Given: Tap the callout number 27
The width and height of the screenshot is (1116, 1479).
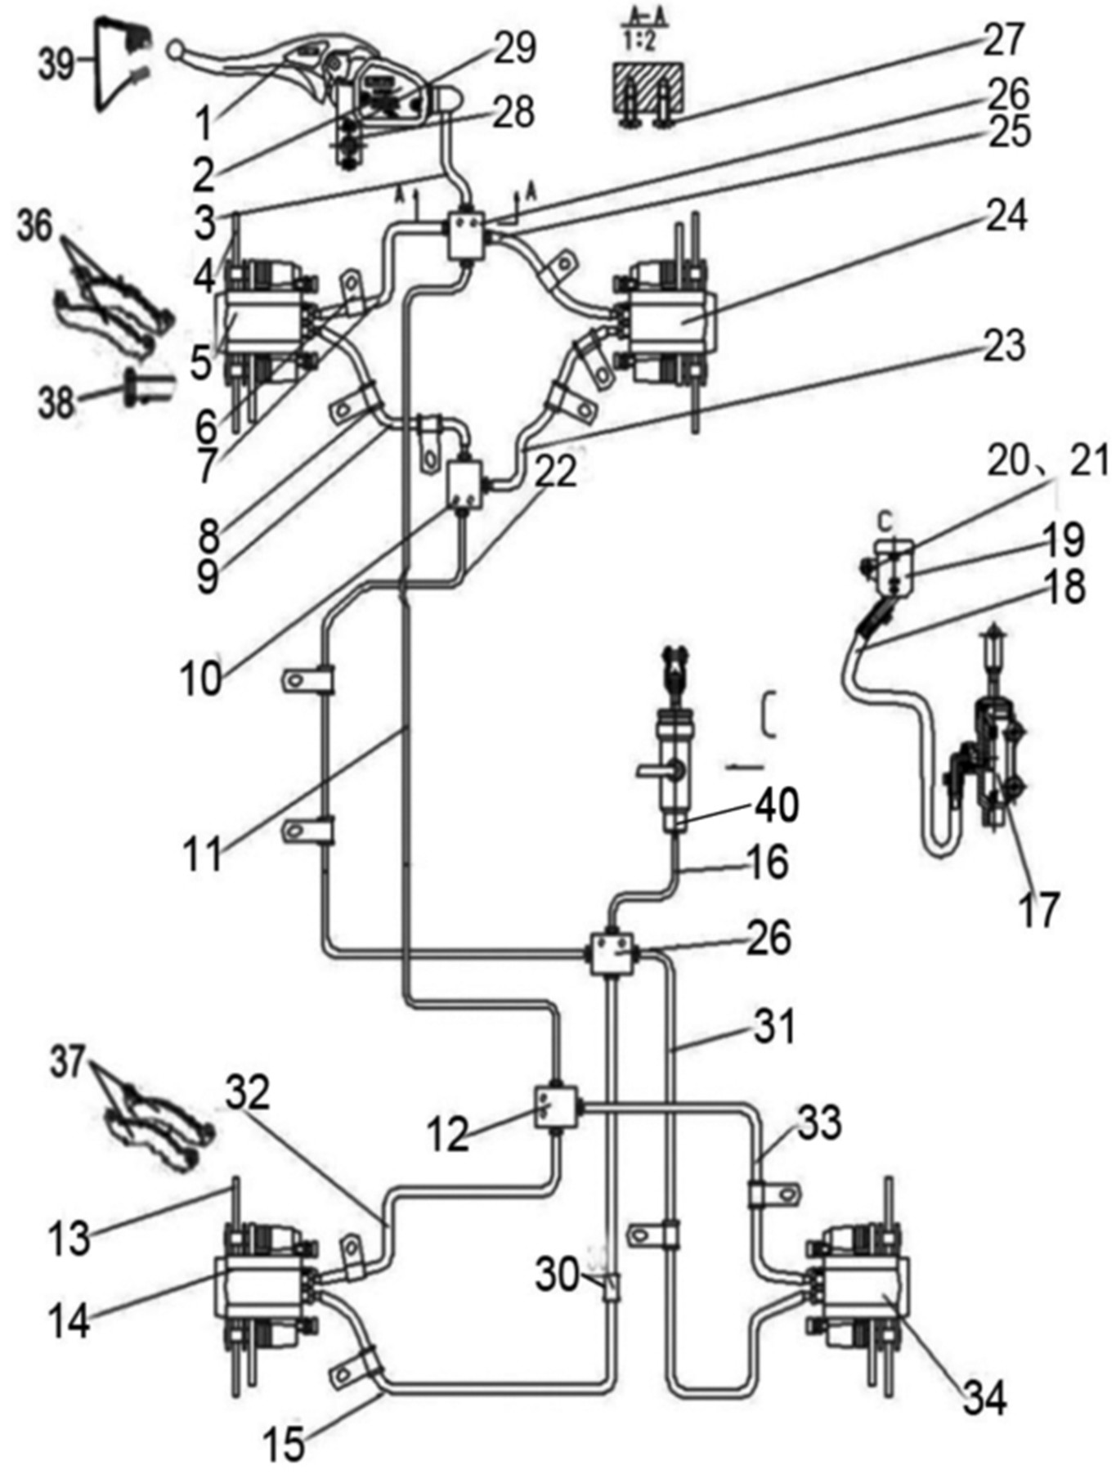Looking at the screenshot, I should (1003, 40).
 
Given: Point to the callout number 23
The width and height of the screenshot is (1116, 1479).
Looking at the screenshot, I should (1003, 346).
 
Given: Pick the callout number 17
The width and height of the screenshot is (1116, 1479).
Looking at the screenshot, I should (1038, 908).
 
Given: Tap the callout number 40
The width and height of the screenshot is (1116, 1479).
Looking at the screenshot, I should (776, 804).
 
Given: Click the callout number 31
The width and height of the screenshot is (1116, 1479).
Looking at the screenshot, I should (773, 1025).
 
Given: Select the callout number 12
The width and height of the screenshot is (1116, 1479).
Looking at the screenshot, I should (448, 1133).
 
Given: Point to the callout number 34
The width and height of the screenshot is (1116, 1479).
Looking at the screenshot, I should (984, 1398).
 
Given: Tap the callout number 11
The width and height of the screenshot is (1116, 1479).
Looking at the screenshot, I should (203, 855).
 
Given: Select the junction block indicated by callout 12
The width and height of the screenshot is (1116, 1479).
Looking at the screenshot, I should (556, 1108).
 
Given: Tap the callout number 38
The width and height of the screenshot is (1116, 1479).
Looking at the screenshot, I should (56, 402).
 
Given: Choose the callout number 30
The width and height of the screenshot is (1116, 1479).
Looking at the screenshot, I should (558, 1273).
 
